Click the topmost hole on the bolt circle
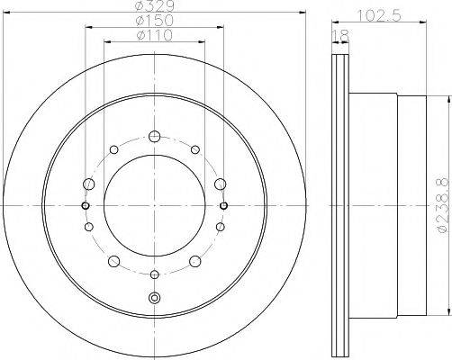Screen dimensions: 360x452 (154, 137)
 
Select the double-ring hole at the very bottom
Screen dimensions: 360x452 (154, 298)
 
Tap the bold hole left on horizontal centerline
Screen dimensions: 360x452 (86, 205)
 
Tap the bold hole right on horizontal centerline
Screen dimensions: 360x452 (222, 205)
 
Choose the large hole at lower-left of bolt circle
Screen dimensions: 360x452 (114, 261)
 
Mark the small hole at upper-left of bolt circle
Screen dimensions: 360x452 (114, 149)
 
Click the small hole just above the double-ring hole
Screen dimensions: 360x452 (154, 274)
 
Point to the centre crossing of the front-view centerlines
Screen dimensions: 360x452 (154, 205)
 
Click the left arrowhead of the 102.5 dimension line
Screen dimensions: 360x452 (335, 22)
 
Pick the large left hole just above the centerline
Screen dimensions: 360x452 (88, 184)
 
